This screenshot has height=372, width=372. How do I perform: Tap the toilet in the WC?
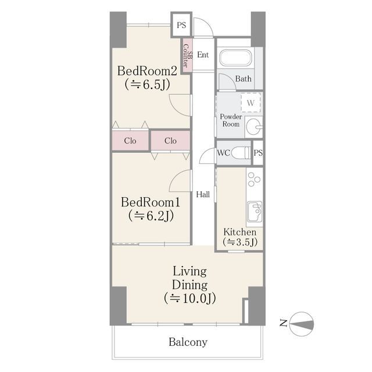pyautogui.click(x=240, y=152)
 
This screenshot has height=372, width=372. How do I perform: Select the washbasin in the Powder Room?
pyautogui.click(x=254, y=127)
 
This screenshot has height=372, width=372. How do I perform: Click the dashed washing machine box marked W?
pyautogui.click(x=251, y=102)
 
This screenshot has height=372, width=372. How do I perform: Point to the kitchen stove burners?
pyautogui.click(x=253, y=180)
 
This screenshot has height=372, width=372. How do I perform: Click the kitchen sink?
pyautogui.click(x=255, y=212)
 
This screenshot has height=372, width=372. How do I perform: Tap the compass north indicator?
pyautogui.click(x=302, y=324)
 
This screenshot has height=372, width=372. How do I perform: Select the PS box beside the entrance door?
pyautogui.click(x=181, y=25)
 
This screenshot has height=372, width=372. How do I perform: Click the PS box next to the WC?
pyautogui.click(x=258, y=153)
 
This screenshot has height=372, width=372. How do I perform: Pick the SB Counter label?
pyautogui.click(x=187, y=56)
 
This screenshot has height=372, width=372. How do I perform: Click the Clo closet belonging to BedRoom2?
pyautogui.click(x=130, y=141)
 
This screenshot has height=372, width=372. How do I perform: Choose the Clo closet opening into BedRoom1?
pyautogui.click(x=170, y=141)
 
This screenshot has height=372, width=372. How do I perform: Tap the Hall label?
pyautogui.click(x=203, y=195)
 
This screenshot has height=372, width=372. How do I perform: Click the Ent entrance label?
pyautogui.click(x=203, y=55)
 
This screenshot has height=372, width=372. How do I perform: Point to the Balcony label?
pyautogui.click(x=188, y=342)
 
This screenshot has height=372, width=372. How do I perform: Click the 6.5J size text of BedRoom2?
pyautogui.click(x=147, y=84)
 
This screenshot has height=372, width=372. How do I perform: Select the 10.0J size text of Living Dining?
pyautogui.click(x=190, y=298)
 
